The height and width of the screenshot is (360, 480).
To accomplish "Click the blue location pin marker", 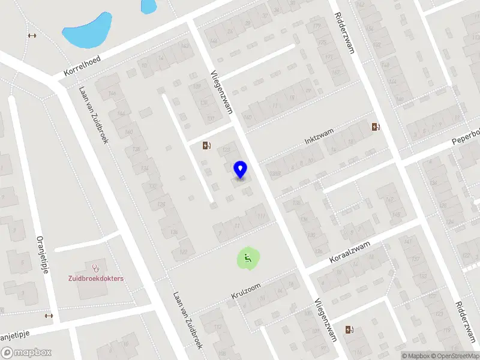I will coord(240,170).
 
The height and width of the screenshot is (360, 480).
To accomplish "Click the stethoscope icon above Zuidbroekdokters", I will coord(95,266).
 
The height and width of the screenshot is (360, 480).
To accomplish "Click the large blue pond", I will coord(88,31).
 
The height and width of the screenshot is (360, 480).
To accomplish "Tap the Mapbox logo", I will coord(26,353).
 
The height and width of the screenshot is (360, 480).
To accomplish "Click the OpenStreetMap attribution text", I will coord(452,356).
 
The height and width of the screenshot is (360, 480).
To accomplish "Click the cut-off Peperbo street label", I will coord(467,137).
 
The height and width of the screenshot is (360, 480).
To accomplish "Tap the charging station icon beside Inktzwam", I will coord(376,127).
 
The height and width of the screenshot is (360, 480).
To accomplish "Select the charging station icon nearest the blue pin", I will coord(207,145).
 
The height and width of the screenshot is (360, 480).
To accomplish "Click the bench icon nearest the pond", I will coord(32,35).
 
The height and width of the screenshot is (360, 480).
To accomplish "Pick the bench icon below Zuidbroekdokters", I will coord(49,316).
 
